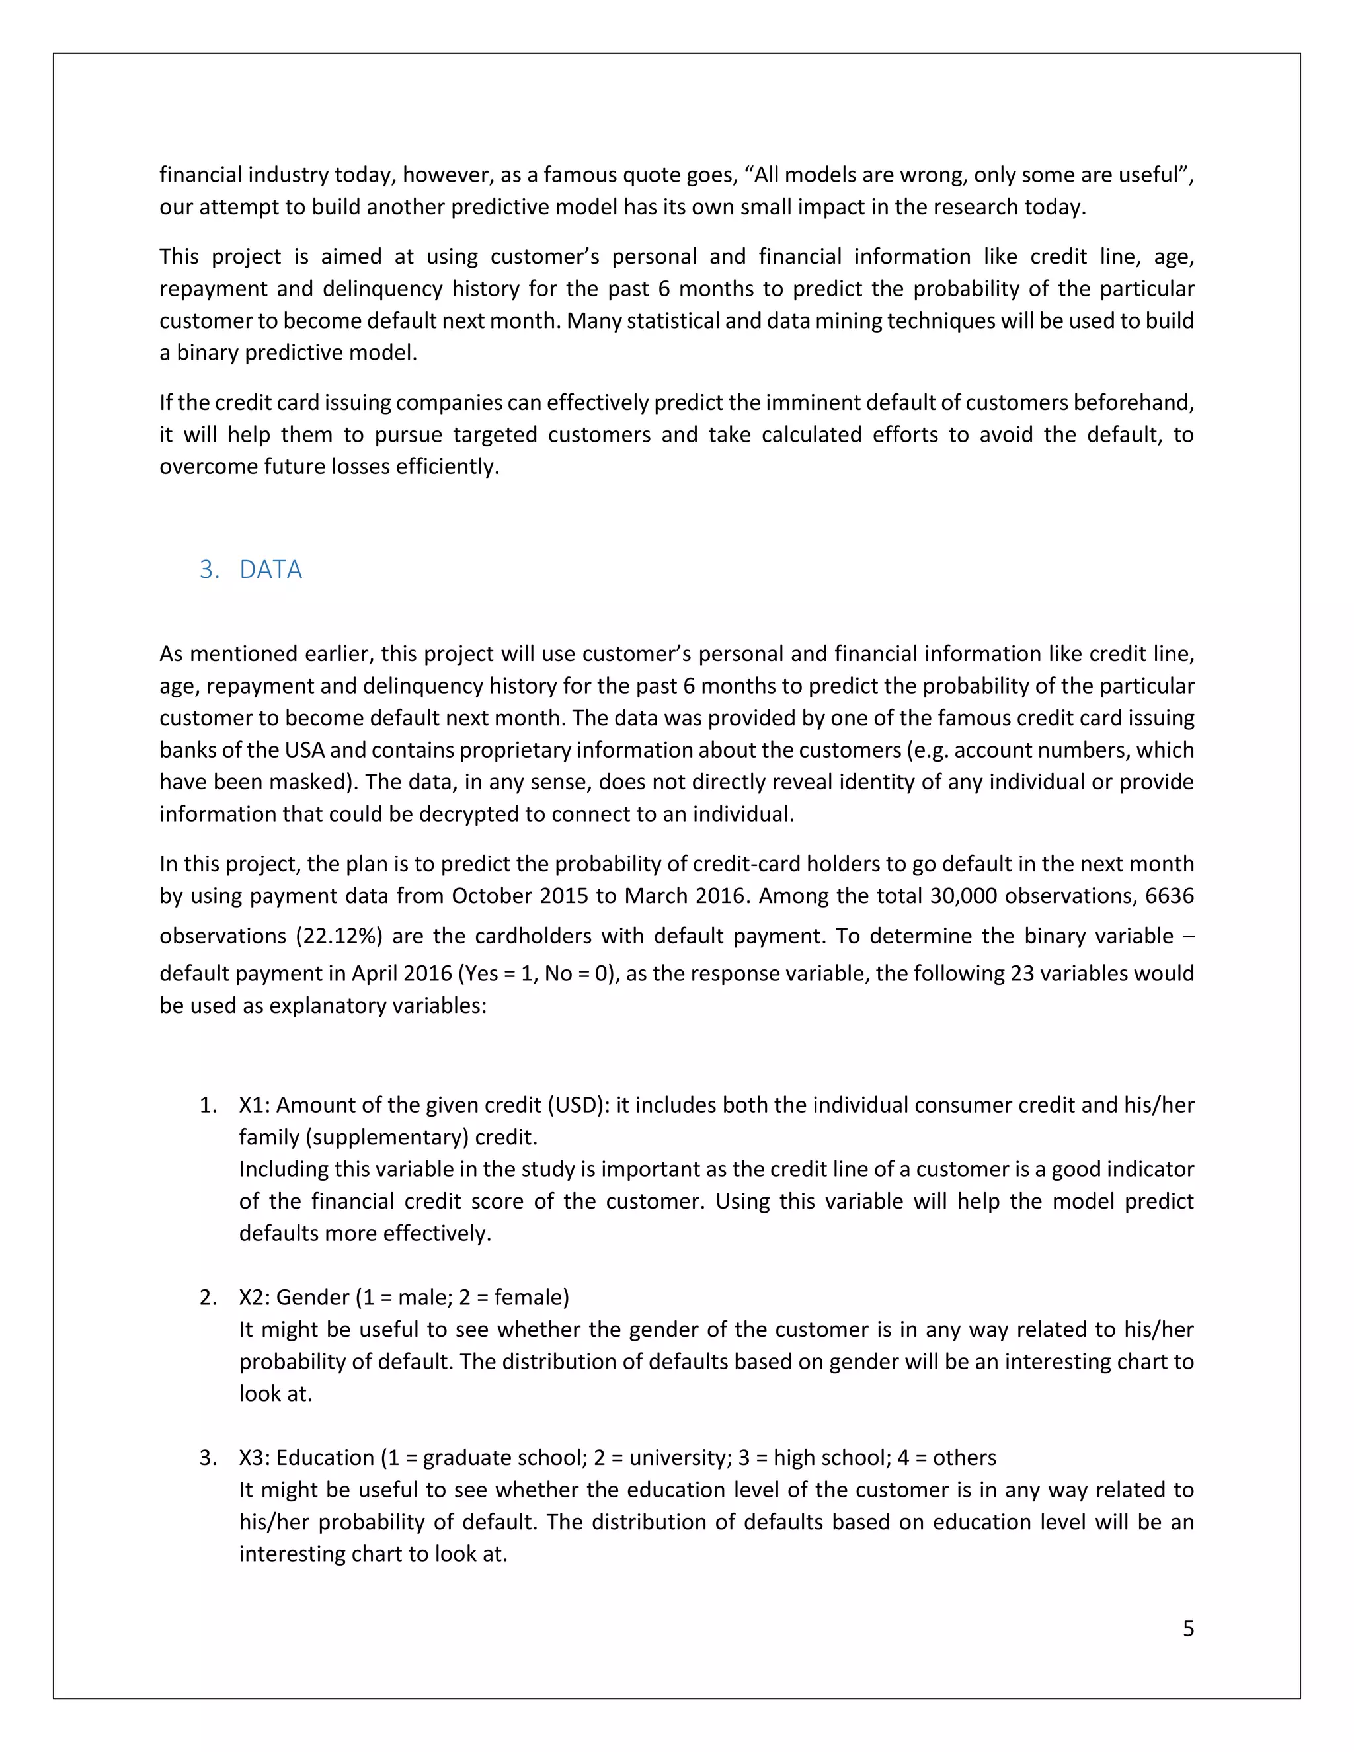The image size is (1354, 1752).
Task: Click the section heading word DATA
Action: click(270, 569)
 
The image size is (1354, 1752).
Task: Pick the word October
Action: click(492, 895)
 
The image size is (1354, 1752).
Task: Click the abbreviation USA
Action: click(304, 750)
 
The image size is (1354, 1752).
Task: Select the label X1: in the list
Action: click(257, 1105)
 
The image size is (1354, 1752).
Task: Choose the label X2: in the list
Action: click(257, 1297)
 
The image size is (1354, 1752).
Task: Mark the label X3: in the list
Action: click(257, 1458)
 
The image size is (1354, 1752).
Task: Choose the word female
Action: click(528, 1297)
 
